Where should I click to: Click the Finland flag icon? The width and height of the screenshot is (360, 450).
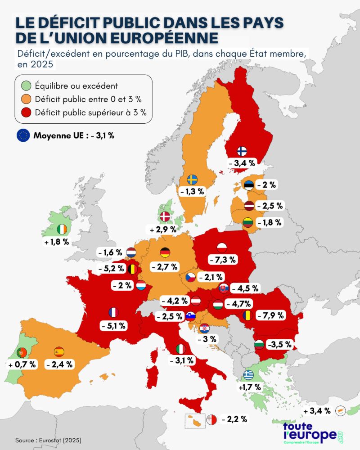click(242, 151)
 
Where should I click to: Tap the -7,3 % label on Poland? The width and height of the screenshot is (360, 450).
click(222, 260)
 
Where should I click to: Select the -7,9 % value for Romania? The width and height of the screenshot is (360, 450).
click(270, 315)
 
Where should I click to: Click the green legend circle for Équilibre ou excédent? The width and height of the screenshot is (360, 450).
click(26, 86)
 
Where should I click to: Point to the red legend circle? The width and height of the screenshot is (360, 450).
click(26, 112)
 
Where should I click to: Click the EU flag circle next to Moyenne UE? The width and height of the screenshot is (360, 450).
click(23, 135)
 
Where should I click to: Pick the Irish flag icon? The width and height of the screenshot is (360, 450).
click(62, 229)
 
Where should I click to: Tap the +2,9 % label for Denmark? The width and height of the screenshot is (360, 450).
click(163, 229)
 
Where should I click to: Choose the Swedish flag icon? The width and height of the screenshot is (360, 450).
click(192, 180)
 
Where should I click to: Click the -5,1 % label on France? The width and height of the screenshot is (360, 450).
click(113, 326)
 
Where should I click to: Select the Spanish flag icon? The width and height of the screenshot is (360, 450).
click(59, 351)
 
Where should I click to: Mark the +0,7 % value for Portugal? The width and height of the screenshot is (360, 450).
click(22, 364)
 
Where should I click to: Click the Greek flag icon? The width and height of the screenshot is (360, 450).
click(248, 375)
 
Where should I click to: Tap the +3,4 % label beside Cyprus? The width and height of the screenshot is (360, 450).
click(317, 411)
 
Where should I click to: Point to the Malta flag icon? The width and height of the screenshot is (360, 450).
click(211, 420)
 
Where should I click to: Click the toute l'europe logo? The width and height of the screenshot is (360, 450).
click(313, 433)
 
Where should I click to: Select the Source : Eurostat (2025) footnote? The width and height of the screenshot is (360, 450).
click(48, 440)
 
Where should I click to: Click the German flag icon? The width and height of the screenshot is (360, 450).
click(165, 252)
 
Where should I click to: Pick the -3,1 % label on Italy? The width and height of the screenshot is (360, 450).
click(182, 360)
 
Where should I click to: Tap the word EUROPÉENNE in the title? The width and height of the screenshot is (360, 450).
click(165, 38)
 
